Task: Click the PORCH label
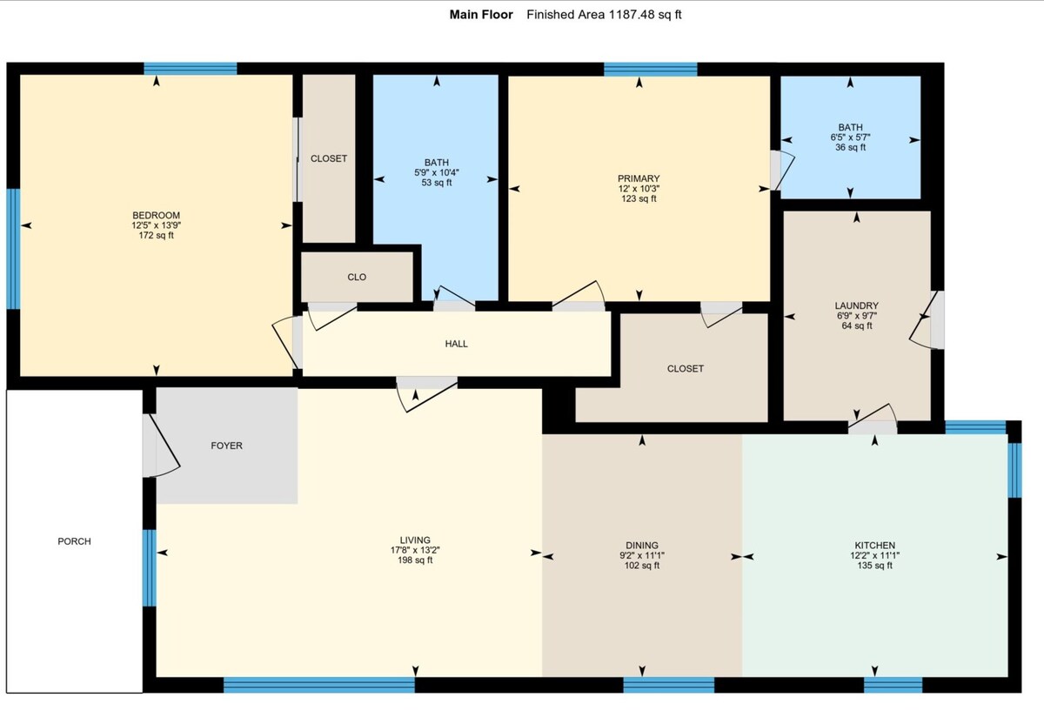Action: tap(74, 541)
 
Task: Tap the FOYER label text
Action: tap(226, 446)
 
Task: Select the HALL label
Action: tap(456, 344)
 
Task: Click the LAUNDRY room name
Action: tap(857, 305)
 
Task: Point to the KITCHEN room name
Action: tap(875, 545)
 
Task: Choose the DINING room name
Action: tap(642, 545)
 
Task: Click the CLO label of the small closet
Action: tap(357, 277)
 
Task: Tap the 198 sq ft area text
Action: tap(415, 560)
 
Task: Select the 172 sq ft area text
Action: tap(156, 236)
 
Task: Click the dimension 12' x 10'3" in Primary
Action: tap(639, 188)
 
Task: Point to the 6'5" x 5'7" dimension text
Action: tap(850, 138)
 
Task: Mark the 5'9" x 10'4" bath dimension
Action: tap(437, 172)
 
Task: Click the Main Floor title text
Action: tap(481, 15)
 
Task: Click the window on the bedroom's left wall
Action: tap(14, 249)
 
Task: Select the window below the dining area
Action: tap(669, 685)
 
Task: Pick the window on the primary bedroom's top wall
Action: tap(651, 69)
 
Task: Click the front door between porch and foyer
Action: tap(161, 446)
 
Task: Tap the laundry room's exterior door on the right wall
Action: tap(927, 320)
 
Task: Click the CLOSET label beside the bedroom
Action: tap(329, 158)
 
